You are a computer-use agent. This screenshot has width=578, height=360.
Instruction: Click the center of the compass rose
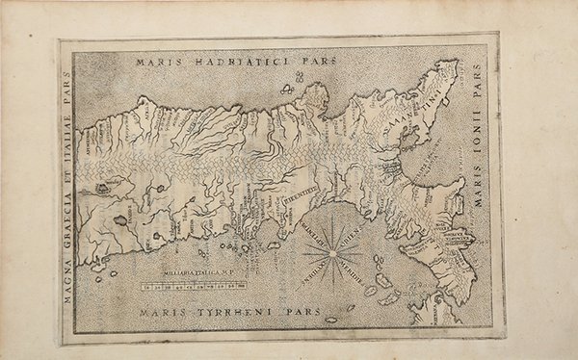(333, 253)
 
